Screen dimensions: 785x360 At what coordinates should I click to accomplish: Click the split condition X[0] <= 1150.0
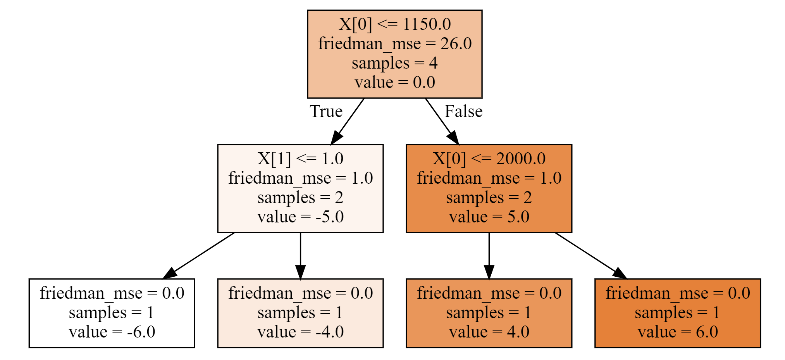[394, 24]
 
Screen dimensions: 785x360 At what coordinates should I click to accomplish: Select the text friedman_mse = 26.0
[394, 43]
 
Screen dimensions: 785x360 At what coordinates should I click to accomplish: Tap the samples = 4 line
[394, 63]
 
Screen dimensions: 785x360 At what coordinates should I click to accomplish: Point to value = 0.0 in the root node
[394, 82]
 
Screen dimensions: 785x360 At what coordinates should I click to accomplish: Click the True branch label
[326, 112]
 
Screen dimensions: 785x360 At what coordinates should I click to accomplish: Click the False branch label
[463, 112]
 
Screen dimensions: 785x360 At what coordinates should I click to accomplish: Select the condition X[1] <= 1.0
[300, 158]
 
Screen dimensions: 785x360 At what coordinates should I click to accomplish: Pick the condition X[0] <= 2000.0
[489, 158]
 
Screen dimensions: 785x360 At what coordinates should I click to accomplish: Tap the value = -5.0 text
[300, 217]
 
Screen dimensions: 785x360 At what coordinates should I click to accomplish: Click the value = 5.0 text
[489, 217]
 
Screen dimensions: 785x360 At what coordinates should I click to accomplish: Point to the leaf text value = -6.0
[112, 332]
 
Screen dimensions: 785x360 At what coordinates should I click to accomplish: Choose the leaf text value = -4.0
[300, 332]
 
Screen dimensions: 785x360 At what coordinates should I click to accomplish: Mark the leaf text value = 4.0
[489, 332]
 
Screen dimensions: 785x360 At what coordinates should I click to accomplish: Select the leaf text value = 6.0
[678, 332]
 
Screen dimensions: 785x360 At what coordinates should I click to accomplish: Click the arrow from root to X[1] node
[347, 121]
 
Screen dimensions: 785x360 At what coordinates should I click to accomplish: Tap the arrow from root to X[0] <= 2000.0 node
[442, 121]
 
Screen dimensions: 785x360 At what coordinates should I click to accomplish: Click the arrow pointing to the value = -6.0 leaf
[198, 256]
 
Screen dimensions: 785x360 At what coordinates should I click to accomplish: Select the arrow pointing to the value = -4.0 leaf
[300, 256]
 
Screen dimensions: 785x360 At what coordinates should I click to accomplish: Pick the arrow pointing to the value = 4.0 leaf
[489, 256]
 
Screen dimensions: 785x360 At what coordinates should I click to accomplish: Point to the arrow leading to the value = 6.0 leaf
[590, 256]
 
